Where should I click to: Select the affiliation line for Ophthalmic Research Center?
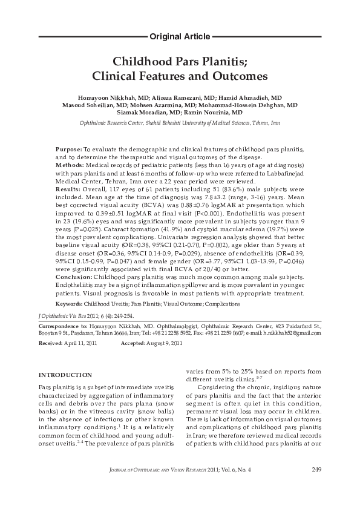pos(180,123)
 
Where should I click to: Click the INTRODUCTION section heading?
pos(65,375)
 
